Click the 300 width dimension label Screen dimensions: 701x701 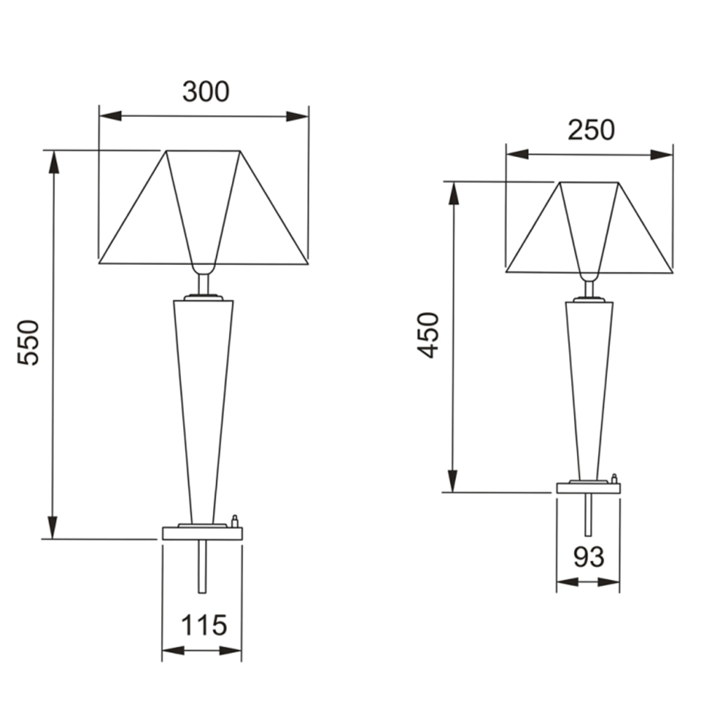(x=205, y=91)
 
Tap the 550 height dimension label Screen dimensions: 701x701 (x=29, y=343)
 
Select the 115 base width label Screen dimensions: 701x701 (x=204, y=625)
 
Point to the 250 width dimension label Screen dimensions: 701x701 (x=591, y=130)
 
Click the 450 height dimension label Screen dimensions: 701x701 (x=428, y=335)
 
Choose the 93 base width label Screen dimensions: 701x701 (x=589, y=557)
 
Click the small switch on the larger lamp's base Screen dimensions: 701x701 (x=235, y=522)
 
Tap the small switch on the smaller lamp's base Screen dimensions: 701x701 (x=614, y=478)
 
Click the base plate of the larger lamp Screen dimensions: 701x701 (x=203, y=533)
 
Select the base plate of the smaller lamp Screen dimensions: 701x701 (x=588, y=488)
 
